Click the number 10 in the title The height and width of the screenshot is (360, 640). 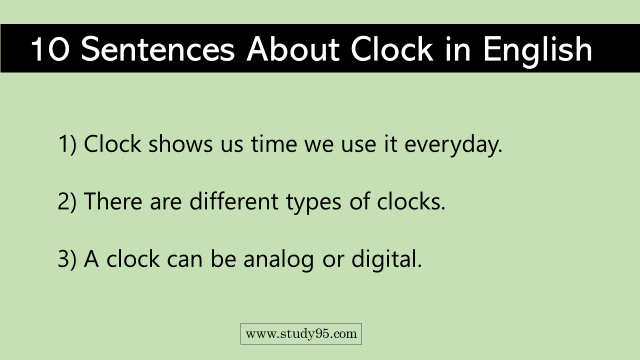pyautogui.click(x=50, y=49)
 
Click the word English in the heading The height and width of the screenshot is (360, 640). pyautogui.click(x=537, y=49)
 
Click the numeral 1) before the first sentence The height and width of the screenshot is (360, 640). pyautogui.click(x=67, y=144)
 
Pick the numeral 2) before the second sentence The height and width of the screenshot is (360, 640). pyautogui.click(x=67, y=201)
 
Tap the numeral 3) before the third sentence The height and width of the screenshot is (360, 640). pyautogui.click(x=67, y=259)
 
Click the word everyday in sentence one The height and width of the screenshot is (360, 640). pyautogui.click(x=452, y=144)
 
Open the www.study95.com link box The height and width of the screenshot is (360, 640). pyautogui.click(x=301, y=333)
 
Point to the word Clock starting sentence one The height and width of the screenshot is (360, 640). pyautogui.click(x=112, y=144)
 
